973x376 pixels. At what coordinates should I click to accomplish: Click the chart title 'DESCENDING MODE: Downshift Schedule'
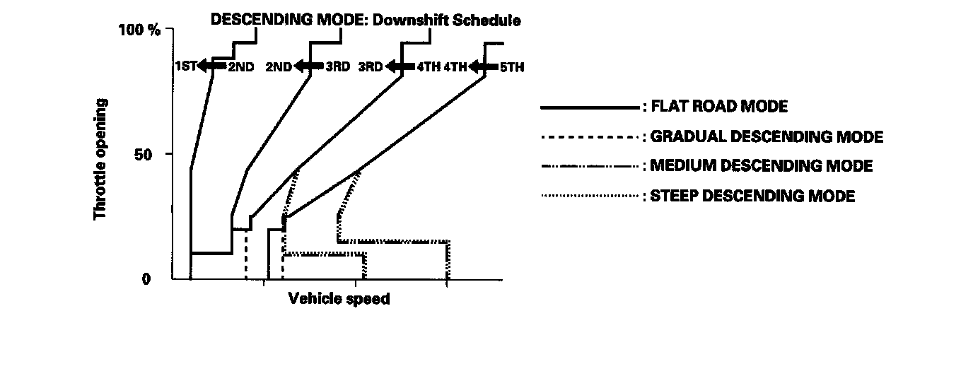(x=366, y=20)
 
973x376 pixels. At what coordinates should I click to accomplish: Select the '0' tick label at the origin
(x=146, y=278)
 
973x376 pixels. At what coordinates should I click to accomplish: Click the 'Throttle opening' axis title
(x=100, y=159)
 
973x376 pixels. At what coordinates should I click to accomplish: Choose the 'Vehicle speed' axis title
(x=339, y=299)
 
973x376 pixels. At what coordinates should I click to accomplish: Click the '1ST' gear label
(x=185, y=66)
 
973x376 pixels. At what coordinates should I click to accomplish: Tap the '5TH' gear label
(x=511, y=67)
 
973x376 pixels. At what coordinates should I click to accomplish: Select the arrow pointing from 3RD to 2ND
(x=308, y=66)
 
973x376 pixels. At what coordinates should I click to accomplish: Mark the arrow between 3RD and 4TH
(x=399, y=67)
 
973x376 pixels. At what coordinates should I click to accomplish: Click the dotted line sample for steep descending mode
(x=589, y=196)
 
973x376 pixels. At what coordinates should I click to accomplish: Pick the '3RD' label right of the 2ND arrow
(x=337, y=67)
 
